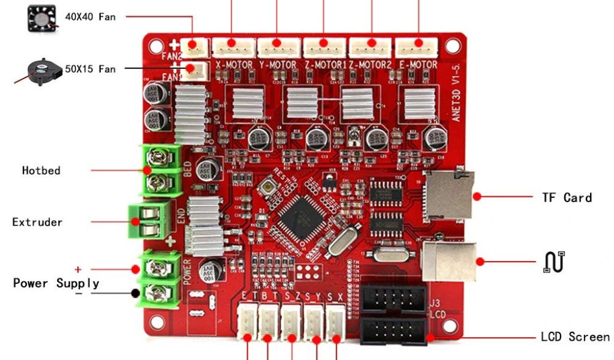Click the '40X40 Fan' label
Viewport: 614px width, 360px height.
click(x=91, y=17)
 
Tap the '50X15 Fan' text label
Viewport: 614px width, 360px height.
click(x=91, y=69)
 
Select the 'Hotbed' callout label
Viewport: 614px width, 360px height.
click(x=41, y=170)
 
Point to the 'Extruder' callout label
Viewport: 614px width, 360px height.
click(x=37, y=222)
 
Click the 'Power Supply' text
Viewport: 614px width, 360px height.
click(x=56, y=283)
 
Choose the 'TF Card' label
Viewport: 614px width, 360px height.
click(x=567, y=197)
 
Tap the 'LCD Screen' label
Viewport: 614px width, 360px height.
click(x=575, y=337)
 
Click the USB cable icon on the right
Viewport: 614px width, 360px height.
click(x=554, y=262)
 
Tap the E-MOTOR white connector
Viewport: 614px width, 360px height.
click(x=416, y=46)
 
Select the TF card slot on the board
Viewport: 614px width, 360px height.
click(x=448, y=196)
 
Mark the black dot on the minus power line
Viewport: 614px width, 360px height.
click(x=136, y=293)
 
